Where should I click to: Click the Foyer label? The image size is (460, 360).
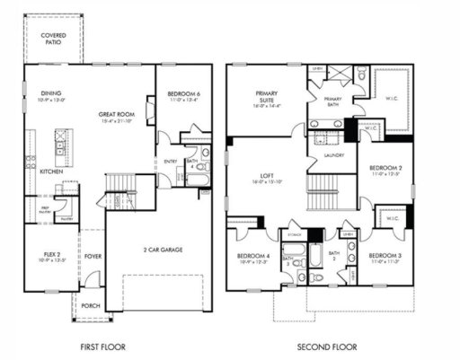pyautogui.click(x=93, y=253)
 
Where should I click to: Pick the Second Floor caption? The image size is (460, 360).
pyautogui.click(x=327, y=347)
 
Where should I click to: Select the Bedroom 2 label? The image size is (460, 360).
pyautogui.click(x=385, y=170)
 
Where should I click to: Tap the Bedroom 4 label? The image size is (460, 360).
pyautogui.click(x=253, y=259)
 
